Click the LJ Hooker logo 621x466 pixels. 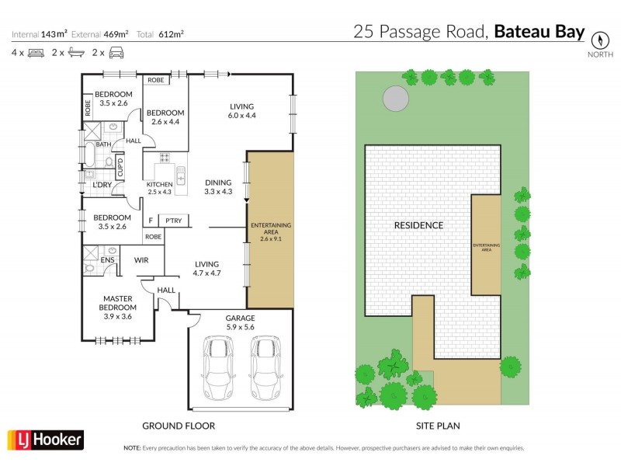click(x=44, y=439)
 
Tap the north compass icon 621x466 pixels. click(x=598, y=40)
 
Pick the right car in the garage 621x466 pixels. click(x=265, y=367)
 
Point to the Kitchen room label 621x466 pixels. click(x=160, y=188)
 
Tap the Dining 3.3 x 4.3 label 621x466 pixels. click(x=218, y=187)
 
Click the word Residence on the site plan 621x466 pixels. click(x=418, y=225)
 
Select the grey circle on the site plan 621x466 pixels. click(x=394, y=99)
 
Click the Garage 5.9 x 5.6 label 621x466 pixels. click(x=241, y=323)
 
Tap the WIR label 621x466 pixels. click(x=141, y=260)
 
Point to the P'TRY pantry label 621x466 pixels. click(x=174, y=221)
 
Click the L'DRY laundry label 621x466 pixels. click(x=102, y=185)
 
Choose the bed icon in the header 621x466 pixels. click(x=36, y=53)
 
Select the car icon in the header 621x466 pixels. click(x=116, y=53)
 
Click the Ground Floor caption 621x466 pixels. click(x=178, y=426)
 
